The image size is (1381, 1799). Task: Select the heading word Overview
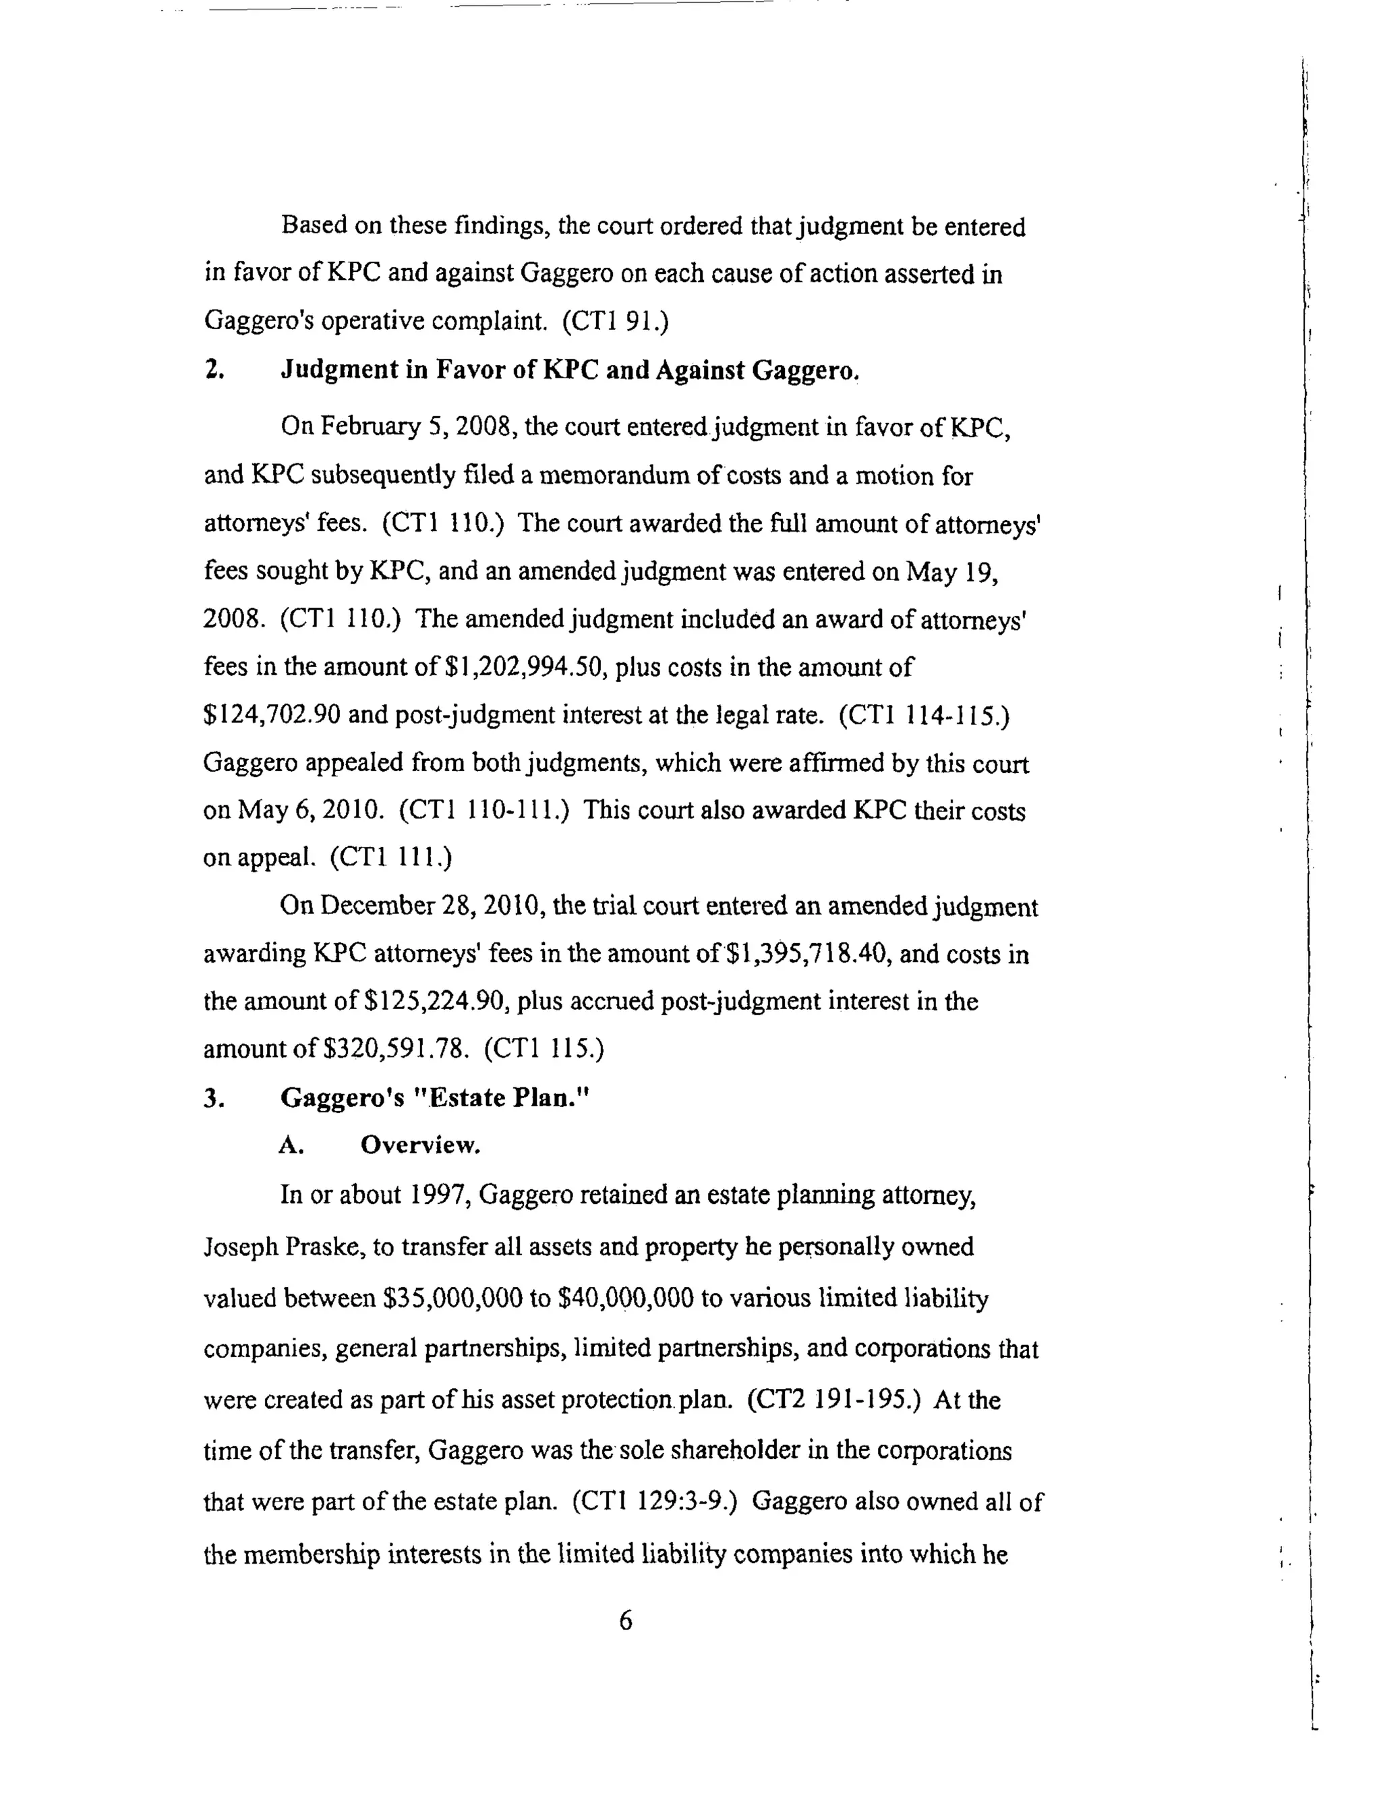(x=420, y=1145)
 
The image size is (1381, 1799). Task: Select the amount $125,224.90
(x=432, y=1002)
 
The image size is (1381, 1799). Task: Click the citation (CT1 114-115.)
(x=924, y=714)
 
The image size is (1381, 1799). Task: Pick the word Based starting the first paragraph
(x=315, y=225)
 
